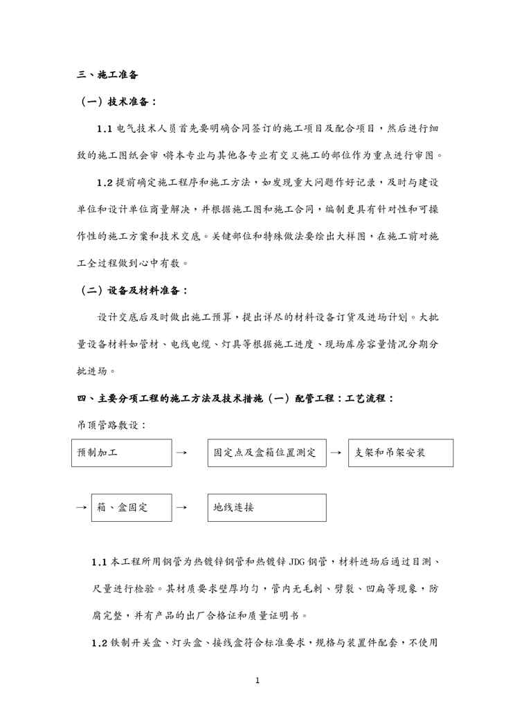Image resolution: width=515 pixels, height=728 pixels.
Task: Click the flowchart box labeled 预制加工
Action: tap(121, 453)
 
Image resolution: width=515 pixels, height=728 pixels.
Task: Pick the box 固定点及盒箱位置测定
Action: tap(266, 453)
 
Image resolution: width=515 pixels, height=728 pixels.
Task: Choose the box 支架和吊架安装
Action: tap(400, 453)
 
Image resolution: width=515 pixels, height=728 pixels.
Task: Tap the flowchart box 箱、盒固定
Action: tap(131, 507)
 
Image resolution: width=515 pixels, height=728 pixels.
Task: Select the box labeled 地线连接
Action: tap(266, 507)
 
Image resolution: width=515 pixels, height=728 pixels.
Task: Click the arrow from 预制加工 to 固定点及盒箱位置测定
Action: tap(181, 453)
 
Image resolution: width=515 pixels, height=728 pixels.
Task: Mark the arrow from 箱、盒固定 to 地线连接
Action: tap(181, 507)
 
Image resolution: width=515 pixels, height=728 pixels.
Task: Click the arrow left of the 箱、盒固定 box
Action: tap(80, 507)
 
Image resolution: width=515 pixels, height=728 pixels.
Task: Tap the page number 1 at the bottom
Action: tap(257, 681)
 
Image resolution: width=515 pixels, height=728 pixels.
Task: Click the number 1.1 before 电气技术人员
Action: tap(105, 129)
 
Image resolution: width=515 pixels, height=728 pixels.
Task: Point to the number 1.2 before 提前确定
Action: tap(105, 183)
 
